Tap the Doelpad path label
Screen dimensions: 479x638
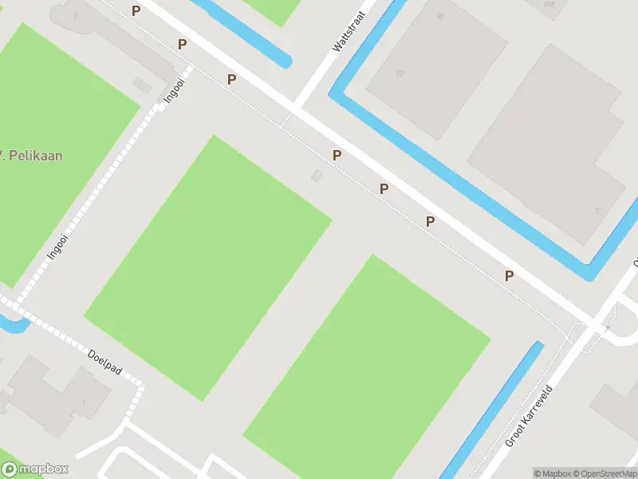coord(104,362)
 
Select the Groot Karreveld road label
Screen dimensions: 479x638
coord(529,417)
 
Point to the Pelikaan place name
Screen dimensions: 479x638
coord(32,155)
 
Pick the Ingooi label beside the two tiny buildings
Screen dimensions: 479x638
coord(175,89)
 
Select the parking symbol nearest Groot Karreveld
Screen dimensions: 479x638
coord(509,275)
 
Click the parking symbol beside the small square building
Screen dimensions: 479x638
coord(337,155)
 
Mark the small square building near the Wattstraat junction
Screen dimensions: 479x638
coord(317,175)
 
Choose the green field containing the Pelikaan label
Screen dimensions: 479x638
coord(56,144)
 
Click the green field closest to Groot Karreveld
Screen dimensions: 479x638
coord(367,367)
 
